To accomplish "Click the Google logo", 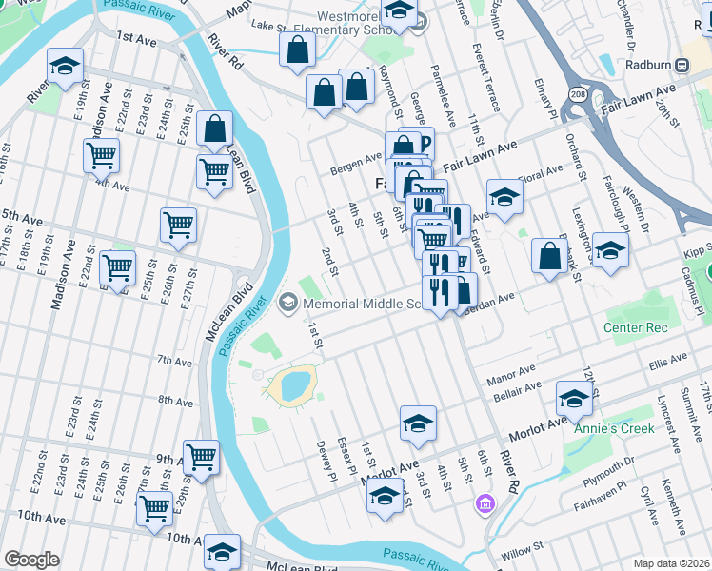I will click(x=30, y=560).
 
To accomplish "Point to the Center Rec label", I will click(x=636, y=327).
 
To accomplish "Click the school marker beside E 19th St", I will click(x=65, y=67).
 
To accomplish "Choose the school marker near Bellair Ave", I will click(x=574, y=399).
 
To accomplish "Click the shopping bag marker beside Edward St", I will click(x=549, y=256).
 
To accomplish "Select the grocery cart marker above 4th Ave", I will click(x=101, y=154).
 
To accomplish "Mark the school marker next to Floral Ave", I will click(x=504, y=197).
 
